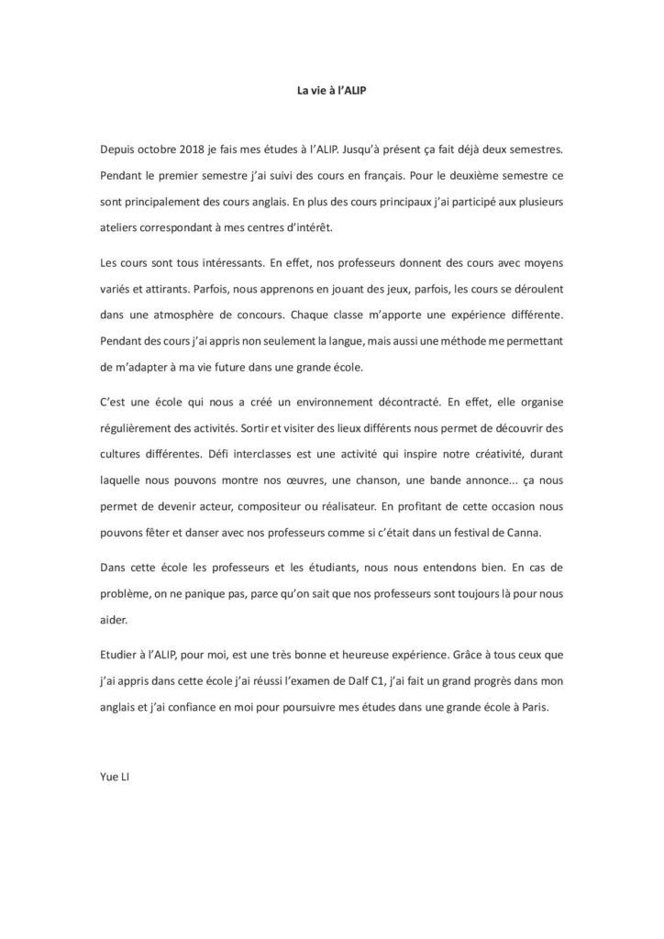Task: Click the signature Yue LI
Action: (x=115, y=772)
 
